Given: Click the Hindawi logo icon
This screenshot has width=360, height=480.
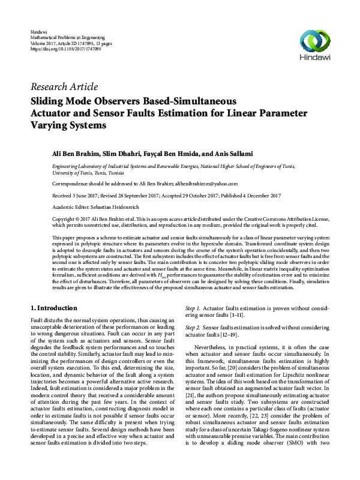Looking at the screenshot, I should [316, 41].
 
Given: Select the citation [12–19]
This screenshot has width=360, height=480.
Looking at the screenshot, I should [227, 335].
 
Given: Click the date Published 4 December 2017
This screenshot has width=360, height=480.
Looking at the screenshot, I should [249, 195].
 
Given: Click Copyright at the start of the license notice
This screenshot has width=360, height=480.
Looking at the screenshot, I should [65, 220].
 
